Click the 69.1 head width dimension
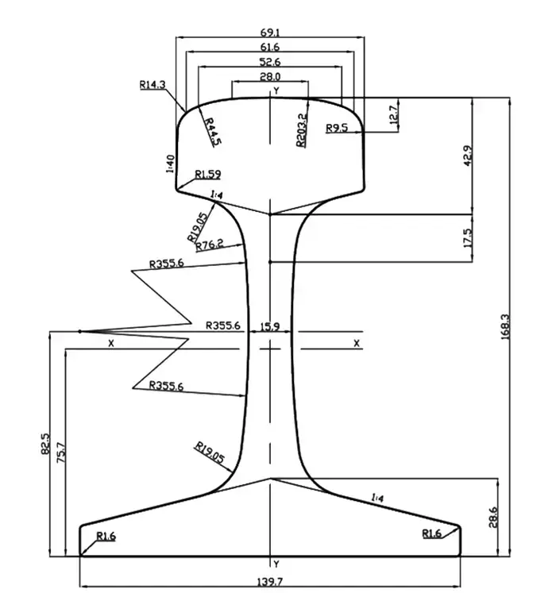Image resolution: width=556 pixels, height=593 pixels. click(270, 33)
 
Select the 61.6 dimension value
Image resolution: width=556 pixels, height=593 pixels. click(270, 48)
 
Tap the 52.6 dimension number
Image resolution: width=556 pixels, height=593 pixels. click(270, 62)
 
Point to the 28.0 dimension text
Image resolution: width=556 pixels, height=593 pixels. click(270, 76)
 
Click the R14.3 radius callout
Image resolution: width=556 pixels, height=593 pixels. click(152, 83)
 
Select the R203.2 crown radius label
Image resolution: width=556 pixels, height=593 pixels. click(301, 129)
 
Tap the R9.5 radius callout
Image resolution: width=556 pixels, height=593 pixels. click(337, 127)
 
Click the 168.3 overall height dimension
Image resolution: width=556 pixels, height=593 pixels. click(504, 325)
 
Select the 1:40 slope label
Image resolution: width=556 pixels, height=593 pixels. click(170, 163)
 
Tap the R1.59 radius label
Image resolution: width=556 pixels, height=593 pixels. click(208, 174)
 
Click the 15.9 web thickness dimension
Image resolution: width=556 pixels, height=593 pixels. click(270, 325)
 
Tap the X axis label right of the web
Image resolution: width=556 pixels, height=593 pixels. click(357, 343)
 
